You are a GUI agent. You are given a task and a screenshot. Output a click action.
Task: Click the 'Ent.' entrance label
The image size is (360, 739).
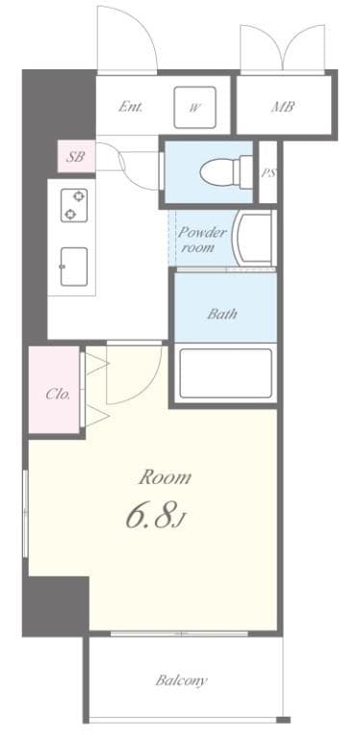pos(131,107)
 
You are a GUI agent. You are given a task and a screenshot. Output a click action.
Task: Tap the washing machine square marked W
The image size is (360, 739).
pos(194,107)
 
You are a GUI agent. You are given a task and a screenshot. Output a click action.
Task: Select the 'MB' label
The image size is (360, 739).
pos(282,107)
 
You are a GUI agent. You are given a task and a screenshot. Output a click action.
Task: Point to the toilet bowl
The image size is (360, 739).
pos(220,172)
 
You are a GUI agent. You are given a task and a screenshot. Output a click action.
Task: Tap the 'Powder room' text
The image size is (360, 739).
pos(202,240)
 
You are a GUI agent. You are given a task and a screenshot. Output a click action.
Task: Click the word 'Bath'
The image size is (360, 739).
pos(222,314)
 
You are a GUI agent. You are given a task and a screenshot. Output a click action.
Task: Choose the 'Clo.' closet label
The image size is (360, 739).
pos(58,394)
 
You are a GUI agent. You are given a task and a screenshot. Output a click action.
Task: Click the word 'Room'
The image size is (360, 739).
pos(166,476)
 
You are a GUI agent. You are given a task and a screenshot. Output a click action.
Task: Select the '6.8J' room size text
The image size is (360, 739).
pos(154,517)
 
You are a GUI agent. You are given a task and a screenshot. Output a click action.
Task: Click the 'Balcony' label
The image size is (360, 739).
pos(182,680)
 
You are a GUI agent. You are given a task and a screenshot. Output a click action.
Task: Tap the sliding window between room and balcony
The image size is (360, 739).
pos(180,633)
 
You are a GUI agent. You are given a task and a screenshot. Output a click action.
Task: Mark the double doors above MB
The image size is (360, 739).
pos(282,48)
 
